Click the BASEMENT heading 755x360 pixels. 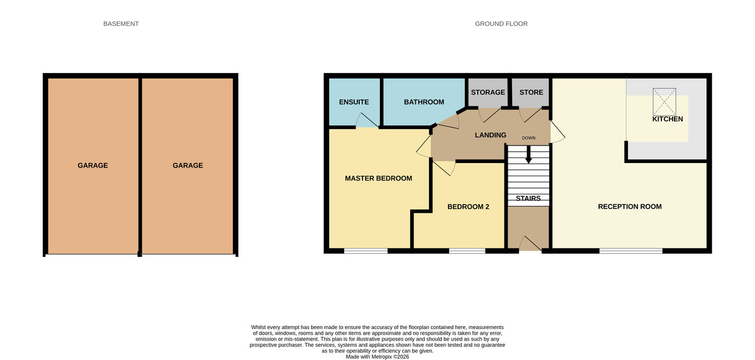[121, 24]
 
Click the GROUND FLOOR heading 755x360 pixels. [501, 24]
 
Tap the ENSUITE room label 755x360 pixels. [354, 102]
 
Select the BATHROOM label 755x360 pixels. [423, 102]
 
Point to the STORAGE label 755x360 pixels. [488, 93]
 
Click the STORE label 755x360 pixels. [531, 93]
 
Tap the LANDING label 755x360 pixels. [490, 135]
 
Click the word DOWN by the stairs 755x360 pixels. [528, 137]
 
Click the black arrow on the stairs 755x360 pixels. [528, 155]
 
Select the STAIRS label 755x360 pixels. [528, 198]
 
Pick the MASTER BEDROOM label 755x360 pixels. [378, 178]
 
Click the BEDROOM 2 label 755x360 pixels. [468, 206]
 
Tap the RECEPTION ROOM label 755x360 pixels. [629, 206]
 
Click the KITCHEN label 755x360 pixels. [667, 119]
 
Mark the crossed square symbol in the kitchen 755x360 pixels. [664, 101]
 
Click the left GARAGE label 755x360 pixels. [92, 166]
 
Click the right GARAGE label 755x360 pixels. [187, 166]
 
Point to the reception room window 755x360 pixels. [630, 251]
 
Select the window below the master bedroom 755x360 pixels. [366, 251]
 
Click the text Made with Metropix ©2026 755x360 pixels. [377, 356]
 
